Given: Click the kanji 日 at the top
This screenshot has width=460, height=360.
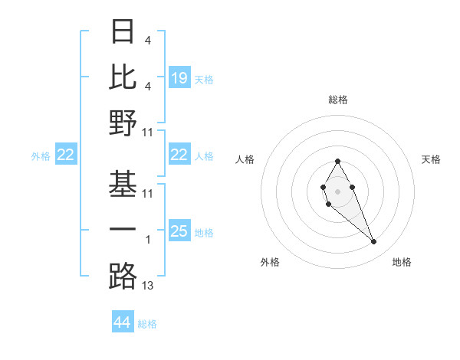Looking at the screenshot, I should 123,31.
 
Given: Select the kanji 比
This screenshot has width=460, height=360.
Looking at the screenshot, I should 123,77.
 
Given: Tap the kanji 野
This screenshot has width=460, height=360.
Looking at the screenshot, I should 123,123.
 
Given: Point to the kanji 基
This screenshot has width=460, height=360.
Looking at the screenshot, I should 123,184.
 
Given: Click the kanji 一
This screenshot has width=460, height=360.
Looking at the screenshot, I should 123,230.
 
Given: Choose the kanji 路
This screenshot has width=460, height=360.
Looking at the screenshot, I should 123,276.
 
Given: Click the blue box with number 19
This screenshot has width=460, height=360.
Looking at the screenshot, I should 179,78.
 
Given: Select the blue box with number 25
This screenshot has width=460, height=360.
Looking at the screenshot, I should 179,231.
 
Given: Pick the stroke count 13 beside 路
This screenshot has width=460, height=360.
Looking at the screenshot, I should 148,286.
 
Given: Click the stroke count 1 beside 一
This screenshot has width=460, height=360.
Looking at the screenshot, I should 148,240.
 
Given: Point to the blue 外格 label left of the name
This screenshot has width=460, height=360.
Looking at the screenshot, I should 41,155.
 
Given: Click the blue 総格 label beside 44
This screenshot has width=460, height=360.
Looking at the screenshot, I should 148,324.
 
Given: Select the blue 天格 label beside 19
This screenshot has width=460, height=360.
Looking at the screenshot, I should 204,80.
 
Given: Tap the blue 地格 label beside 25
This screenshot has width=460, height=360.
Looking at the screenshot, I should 204,233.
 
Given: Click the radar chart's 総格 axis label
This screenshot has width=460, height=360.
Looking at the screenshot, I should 337,100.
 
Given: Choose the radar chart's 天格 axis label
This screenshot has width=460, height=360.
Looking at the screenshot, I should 432,159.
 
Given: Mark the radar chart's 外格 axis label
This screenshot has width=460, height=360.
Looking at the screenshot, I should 270,262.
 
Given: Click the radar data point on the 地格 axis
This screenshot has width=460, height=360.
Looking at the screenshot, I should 374,242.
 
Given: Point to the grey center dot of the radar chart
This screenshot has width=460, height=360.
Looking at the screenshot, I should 337,189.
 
